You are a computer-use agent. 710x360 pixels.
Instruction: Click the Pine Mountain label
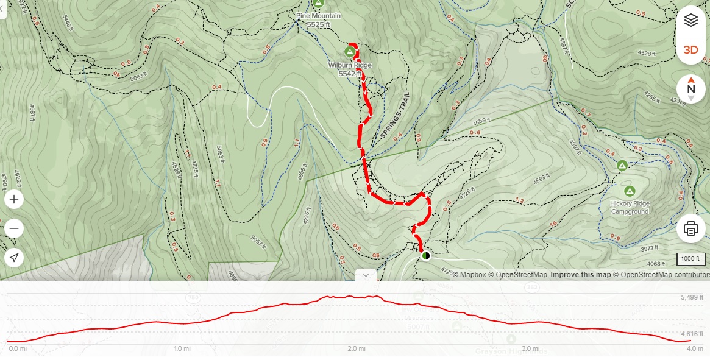(318, 16)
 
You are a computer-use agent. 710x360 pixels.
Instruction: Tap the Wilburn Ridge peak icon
(350, 51)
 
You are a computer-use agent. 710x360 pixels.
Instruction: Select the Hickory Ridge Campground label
(630, 207)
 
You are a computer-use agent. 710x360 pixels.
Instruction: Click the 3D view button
(690, 50)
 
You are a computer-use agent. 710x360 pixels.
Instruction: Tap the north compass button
(690, 88)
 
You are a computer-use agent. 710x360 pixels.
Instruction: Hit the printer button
(690, 229)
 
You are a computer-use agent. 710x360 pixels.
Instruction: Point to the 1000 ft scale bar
(690, 259)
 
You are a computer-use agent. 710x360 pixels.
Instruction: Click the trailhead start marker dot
(426, 256)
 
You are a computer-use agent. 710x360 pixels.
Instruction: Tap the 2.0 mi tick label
(357, 349)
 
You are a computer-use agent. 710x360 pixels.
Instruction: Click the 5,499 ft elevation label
(692, 297)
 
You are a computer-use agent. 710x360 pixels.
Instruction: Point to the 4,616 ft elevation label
(692, 334)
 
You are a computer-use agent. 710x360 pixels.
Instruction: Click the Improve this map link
(580, 275)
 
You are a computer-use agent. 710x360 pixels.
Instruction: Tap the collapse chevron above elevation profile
(366, 275)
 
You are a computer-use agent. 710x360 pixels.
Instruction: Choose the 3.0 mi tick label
(531, 349)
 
